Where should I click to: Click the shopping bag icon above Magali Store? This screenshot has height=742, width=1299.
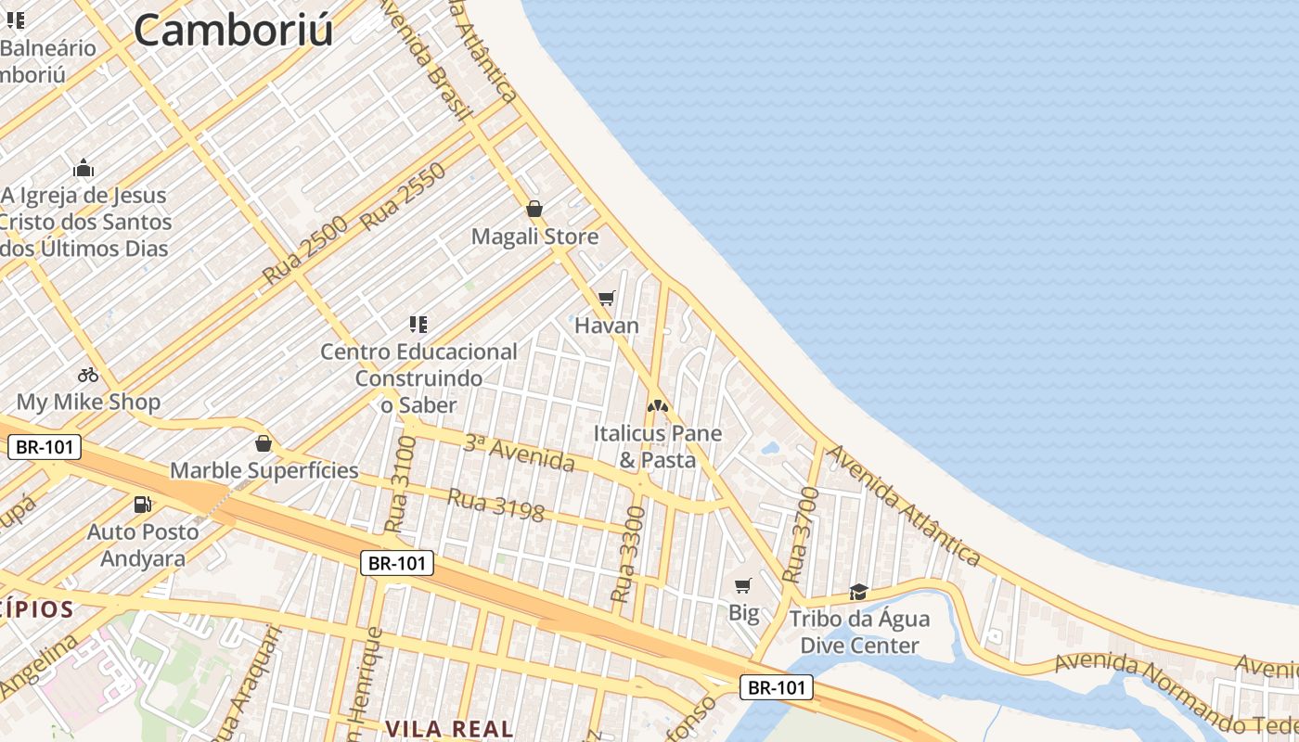(x=534, y=209)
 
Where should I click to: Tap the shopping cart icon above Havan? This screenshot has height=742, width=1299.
(x=607, y=298)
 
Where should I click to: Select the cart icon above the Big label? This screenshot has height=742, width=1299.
(x=742, y=585)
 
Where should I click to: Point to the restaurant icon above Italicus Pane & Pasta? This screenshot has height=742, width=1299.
(x=658, y=405)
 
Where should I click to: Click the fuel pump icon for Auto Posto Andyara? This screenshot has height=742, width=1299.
(x=143, y=505)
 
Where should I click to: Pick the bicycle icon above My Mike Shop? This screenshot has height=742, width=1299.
(x=88, y=375)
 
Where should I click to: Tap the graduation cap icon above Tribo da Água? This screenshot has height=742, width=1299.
(x=858, y=592)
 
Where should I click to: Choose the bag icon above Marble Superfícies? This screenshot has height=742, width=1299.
(x=264, y=442)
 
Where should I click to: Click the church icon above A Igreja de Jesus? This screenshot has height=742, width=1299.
(x=84, y=168)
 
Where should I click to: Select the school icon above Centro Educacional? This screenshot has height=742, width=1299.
(x=418, y=324)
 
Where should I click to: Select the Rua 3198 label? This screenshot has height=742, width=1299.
(x=495, y=505)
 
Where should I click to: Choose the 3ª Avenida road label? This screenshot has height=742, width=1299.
(x=520, y=452)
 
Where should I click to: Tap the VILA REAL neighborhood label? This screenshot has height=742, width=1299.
(x=449, y=729)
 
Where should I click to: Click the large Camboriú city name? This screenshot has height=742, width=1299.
(x=233, y=31)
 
